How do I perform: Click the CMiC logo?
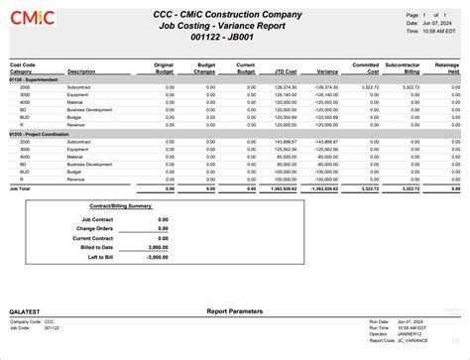click(36, 20)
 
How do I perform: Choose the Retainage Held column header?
click(446, 67)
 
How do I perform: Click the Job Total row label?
click(21, 186)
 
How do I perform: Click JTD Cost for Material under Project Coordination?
click(285, 156)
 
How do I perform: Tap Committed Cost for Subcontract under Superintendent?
click(366, 87)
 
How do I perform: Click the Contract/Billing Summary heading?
click(120, 206)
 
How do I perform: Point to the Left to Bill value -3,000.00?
click(156, 257)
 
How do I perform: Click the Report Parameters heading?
click(235, 312)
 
